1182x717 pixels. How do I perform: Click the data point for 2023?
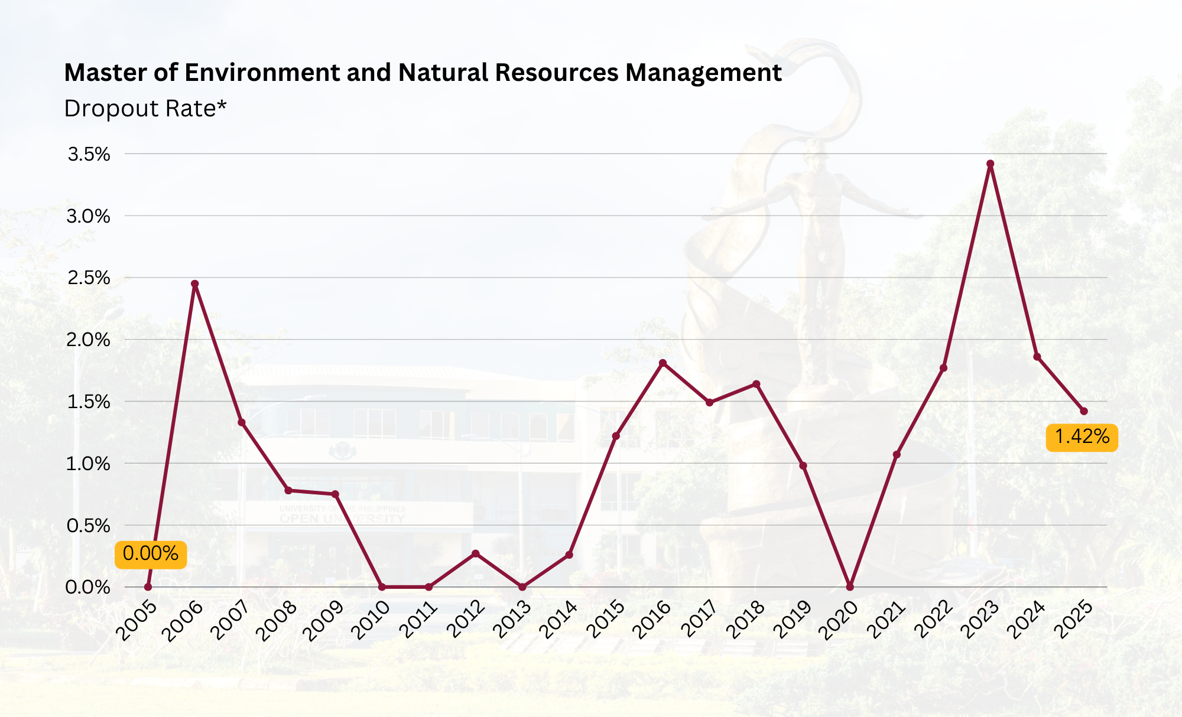click(990, 164)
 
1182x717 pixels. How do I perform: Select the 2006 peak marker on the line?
click(195, 283)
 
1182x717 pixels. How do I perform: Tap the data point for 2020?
click(850, 587)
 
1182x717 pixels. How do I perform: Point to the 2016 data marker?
click(663, 363)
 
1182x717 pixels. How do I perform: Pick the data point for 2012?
click(475, 553)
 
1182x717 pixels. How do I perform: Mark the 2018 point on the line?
click(756, 384)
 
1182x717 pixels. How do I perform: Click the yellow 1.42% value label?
click(1082, 437)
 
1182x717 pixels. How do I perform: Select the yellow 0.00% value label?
click(151, 554)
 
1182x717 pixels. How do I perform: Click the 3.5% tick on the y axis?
click(89, 155)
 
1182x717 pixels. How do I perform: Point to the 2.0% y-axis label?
click(89, 340)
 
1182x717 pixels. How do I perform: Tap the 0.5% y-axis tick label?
click(89, 526)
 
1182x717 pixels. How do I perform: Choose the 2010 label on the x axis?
click(371, 620)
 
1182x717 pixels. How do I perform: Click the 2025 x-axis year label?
click(1073, 620)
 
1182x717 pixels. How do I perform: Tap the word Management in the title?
click(703, 73)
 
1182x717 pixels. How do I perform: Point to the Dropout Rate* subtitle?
click(145, 109)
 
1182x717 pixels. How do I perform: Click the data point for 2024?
click(1037, 357)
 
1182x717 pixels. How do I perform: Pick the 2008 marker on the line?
click(288, 490)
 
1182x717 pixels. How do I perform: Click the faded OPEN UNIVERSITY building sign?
click(343, 519)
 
